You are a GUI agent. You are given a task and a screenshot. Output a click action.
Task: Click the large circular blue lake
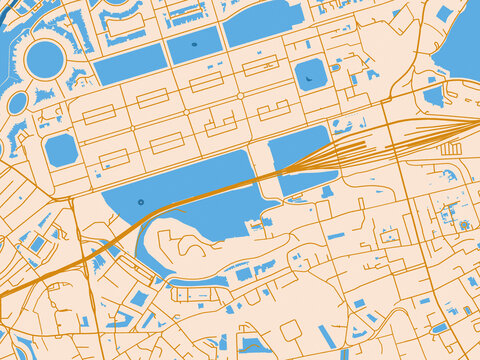pyautogui.click(x=45, y=59)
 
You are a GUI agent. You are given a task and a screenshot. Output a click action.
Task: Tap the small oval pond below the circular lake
pyautogui.click(x=17, y=102)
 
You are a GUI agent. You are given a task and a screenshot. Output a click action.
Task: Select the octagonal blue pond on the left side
pyautogui.click(x=61, y=150)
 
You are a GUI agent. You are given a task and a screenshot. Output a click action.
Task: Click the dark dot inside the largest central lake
pyautogui.click(x=140, y=202)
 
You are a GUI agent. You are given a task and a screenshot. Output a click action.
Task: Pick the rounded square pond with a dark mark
pyautogui.click(x=311, y=74)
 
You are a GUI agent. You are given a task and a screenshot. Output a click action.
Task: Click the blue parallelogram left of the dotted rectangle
pyautogui.click(x=129, y=64)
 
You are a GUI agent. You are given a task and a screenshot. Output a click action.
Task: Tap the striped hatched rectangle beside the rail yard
pyautogui.click(x=451, y=149)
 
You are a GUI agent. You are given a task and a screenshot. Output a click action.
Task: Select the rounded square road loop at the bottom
pyautogui.click(x=291, y=330)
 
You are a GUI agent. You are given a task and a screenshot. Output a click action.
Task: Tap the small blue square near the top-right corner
pyautogui.click(x=443, y=13)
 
